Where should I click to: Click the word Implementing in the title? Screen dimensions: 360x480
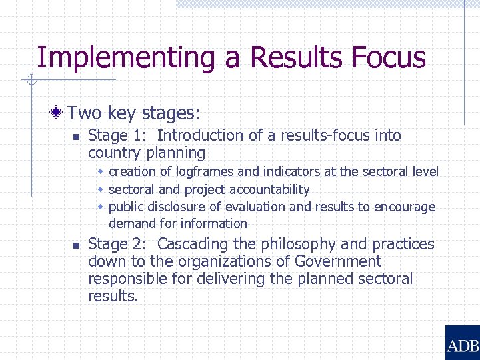pos(126,58)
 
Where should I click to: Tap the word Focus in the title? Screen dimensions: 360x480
pos(386,57)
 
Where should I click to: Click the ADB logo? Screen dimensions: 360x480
pos(462,343)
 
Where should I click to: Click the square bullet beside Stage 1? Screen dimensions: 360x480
pos(76,137)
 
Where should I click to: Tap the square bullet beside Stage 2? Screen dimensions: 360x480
pos(76,246)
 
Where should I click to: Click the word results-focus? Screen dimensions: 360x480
pos(326,135)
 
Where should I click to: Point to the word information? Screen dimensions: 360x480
pos(215,223)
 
